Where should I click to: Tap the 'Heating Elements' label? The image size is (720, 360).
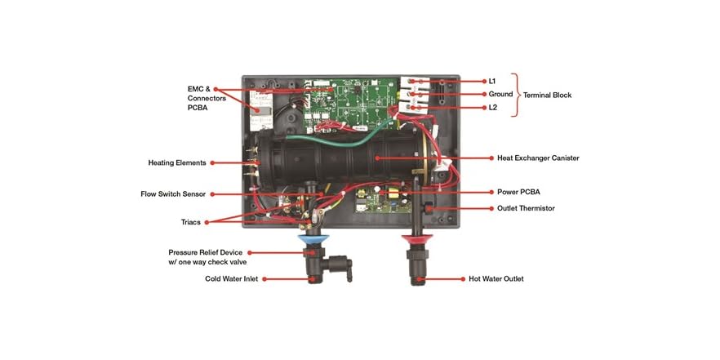(176, 162)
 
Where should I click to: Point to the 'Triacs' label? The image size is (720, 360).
(189, 222)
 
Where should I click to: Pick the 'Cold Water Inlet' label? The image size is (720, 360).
(232, 278)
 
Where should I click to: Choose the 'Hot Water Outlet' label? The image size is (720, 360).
(496, 278)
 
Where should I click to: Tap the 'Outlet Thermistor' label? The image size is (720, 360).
(526, 208)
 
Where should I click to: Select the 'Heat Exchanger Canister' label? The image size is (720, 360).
(538, 158)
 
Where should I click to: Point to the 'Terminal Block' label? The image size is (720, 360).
(547, 95)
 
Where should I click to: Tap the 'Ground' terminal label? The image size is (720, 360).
(500, 94)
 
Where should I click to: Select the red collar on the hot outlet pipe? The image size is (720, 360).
(416, 238)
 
